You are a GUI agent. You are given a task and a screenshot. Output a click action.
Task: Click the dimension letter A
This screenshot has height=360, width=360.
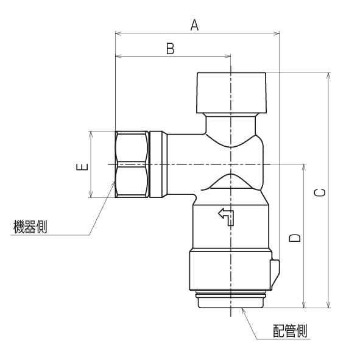(195, 25)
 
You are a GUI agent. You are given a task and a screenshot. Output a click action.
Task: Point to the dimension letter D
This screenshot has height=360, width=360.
(295, 236)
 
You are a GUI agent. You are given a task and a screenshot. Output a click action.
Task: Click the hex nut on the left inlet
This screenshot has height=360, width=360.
(132, 164)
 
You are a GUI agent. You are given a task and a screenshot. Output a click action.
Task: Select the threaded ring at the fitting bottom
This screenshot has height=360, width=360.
(230, 301)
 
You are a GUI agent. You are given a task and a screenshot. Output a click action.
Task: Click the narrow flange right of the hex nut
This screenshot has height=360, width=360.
(158, 164)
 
